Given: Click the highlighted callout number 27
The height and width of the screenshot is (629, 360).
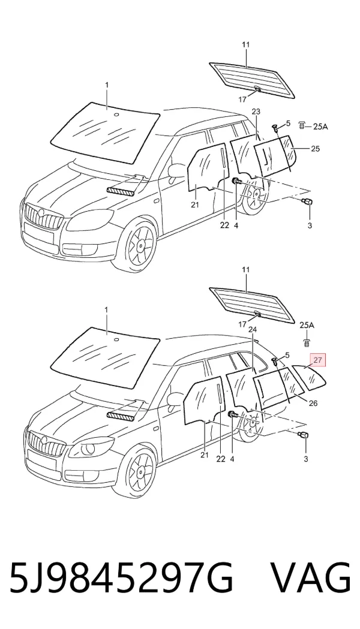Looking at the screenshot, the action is (318, 360).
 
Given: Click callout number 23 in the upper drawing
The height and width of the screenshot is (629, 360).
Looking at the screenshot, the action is (256, 111).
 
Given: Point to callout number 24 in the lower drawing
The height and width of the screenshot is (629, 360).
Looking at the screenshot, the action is (253, 329).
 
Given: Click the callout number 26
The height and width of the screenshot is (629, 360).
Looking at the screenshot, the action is (313, 403).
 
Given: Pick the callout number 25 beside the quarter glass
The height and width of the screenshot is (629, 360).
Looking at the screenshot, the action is (316, 149).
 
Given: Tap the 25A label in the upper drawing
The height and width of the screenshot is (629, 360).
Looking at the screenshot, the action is (320, 127).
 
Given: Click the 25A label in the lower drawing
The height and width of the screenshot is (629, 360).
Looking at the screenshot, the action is (307, 325).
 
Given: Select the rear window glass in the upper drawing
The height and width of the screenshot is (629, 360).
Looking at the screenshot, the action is (252, 79).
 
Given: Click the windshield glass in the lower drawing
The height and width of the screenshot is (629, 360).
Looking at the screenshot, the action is (105, 357).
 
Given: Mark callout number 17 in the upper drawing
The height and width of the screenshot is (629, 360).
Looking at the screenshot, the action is (242, 100).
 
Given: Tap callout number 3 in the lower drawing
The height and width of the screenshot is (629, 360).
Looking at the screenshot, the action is (306, 459).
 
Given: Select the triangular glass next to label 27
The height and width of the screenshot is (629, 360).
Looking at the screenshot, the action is (310, 377).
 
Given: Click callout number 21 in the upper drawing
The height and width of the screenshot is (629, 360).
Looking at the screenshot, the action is (194, 205).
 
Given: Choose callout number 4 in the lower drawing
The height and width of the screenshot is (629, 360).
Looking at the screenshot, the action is (232, 459).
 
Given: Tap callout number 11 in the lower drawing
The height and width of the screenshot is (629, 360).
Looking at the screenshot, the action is (245, 270).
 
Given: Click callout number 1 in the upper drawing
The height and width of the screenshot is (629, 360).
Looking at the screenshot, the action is (106, 85).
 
